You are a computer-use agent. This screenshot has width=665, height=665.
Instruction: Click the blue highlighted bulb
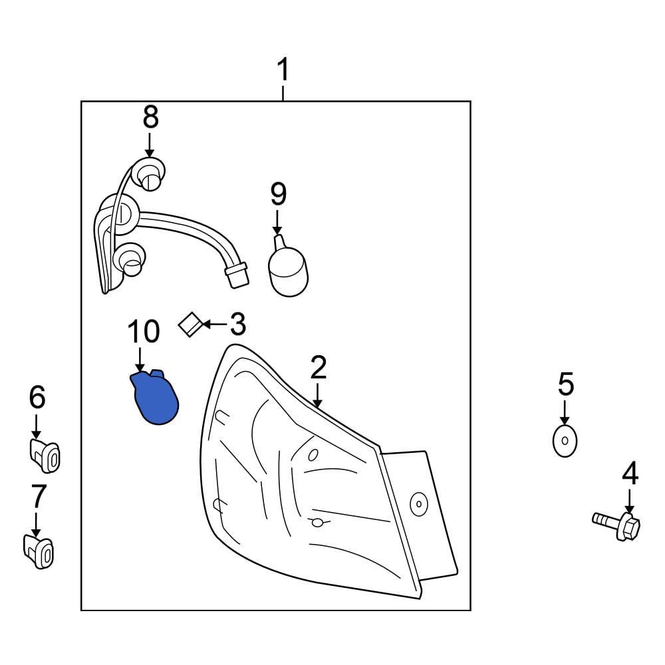(x=155, y=398)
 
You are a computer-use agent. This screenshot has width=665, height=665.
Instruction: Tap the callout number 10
(x=144, y=331)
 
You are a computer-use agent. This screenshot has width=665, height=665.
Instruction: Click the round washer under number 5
(x=565, y=441)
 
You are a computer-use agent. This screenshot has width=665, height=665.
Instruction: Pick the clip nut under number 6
(x=45, y=456)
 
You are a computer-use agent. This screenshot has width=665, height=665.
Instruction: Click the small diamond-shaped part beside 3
(x=190, y=325)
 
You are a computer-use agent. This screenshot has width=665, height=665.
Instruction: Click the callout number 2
(x=319, y=368)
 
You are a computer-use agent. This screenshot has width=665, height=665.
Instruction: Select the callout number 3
(x=237, y=325)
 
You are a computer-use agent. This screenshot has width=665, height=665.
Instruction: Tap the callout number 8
(x=151, y=117)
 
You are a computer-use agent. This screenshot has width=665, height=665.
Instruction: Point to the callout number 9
(x=278, y=194)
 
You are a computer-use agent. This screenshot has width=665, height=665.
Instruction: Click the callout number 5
(x=565, y=384)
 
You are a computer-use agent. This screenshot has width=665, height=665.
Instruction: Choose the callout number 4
(x=630, y=473)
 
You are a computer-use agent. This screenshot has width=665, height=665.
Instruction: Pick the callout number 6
(x=37, y=398)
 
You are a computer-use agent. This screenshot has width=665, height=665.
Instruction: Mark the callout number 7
(x=39, y=495)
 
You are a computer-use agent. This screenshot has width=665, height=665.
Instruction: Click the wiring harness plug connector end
(x=236, y=275)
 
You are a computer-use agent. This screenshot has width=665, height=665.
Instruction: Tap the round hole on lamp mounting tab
(x=419, y=504)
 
